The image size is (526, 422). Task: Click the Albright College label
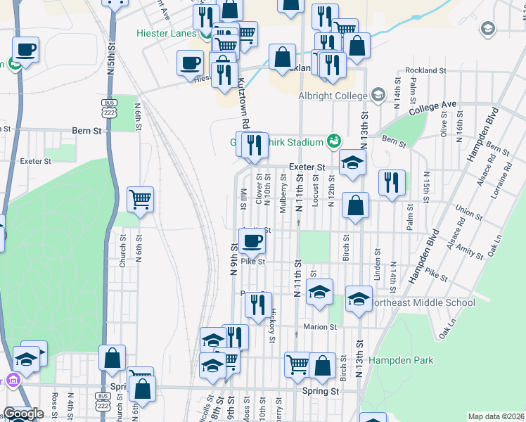point(333,96)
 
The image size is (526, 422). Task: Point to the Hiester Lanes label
point(166,33)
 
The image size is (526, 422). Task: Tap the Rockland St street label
point(425,71)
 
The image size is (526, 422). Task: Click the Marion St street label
point(321,327)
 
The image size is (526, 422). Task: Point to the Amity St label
point(465,242)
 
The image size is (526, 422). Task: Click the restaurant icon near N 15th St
point(392,182)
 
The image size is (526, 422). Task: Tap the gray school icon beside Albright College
point(378,96)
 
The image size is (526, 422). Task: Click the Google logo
point(23,414)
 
